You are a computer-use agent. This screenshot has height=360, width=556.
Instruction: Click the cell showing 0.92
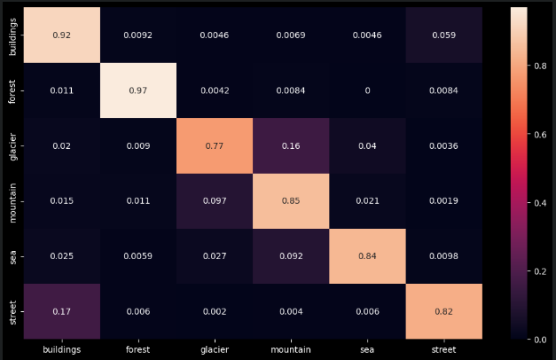60,35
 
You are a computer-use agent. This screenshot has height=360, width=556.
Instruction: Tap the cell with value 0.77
213,145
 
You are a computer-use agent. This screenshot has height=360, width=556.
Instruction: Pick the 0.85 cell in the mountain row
290,200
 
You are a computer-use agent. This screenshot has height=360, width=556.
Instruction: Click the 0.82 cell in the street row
443,311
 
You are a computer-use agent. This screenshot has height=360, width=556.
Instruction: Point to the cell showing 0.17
60,311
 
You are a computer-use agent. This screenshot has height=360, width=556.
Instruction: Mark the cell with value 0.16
290,145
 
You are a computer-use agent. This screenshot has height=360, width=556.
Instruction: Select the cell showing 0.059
443,35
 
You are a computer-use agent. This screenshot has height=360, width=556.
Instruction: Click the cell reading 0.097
213,200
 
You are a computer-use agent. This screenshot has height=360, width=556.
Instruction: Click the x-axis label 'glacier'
213,350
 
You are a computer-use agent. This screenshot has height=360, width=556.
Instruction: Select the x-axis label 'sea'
366,350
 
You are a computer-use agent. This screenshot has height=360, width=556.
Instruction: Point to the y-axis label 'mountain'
12,200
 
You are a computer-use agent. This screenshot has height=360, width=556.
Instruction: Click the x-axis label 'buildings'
60,350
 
